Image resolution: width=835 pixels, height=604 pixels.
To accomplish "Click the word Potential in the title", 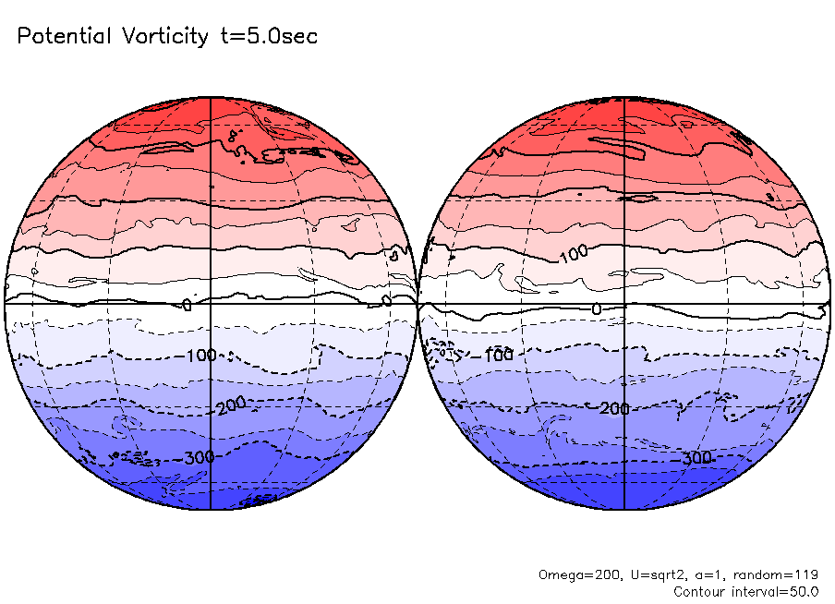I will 64,37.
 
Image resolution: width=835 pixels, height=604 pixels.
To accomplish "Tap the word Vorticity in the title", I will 164,37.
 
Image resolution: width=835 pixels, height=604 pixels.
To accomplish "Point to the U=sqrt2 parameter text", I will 645,574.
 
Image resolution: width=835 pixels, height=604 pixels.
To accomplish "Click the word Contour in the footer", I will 704,591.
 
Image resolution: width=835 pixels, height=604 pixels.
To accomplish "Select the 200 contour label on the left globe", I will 229,407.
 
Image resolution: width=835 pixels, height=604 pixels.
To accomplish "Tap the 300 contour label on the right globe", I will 696,458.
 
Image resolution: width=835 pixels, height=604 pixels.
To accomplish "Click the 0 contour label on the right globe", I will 596,308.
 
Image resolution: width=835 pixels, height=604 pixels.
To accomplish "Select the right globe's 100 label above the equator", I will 573,252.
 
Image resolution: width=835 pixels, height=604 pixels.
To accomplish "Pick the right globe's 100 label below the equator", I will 500,356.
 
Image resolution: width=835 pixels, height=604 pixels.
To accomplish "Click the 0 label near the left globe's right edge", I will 387,300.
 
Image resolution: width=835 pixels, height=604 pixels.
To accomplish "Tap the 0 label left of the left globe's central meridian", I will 187,305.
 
